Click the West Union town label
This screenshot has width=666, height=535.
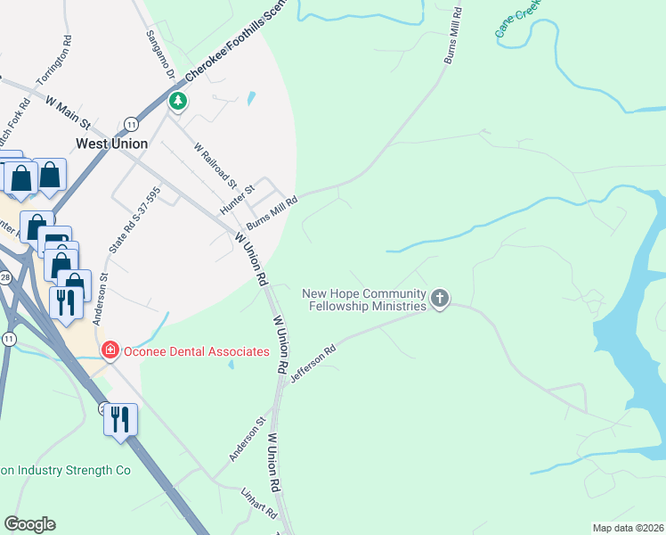pos(112,144)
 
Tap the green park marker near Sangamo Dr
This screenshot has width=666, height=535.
pos(178,102)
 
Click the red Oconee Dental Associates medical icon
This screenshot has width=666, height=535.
pos(110,350)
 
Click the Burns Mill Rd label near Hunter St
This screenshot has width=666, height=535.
pos(272,212)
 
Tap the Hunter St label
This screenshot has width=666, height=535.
pos(238,198)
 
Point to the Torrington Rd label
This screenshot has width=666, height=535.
pos(53,62)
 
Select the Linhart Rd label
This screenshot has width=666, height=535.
pos(259,505)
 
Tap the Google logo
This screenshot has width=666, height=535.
pos(29,524)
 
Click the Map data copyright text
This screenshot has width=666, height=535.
pos(627,528)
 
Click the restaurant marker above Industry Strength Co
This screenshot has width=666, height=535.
pos(120,420)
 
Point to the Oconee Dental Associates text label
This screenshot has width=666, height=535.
pos(196,351)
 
